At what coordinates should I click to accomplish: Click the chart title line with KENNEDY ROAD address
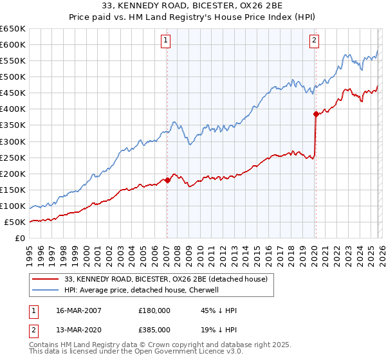193,6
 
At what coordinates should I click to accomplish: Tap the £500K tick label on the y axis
12,77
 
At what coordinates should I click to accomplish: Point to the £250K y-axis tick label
12,157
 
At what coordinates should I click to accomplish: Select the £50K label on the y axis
15,222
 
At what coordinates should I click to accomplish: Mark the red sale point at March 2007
167,180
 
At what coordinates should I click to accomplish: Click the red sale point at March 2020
316,114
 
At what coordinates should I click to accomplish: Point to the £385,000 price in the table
154,329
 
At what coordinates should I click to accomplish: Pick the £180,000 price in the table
154,310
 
